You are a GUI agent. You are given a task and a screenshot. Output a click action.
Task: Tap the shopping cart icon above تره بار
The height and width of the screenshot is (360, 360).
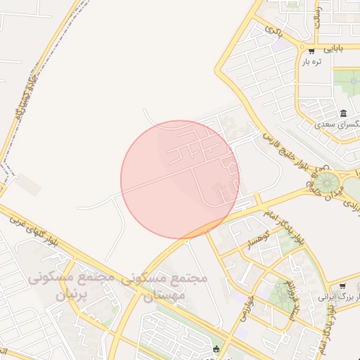(311, 51)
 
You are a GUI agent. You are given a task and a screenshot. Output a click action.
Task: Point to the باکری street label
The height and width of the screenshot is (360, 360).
(274, 30)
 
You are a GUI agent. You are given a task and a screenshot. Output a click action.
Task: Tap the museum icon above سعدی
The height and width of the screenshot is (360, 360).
(343, 114)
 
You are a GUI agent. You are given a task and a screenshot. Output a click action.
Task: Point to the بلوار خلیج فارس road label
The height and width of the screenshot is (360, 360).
(288, 150)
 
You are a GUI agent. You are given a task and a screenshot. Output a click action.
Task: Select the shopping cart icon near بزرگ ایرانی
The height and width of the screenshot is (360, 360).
(342, 286)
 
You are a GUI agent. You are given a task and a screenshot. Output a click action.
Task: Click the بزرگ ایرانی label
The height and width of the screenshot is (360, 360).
(337, 297)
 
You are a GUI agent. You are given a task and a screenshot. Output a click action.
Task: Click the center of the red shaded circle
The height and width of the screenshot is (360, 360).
(180, 179)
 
